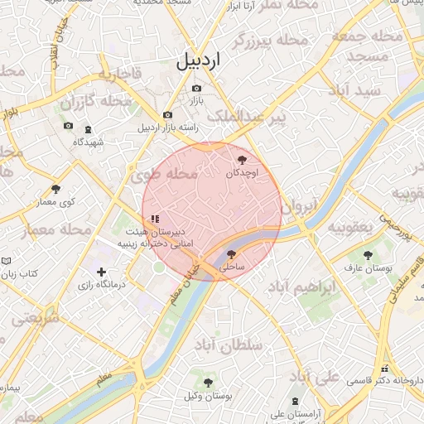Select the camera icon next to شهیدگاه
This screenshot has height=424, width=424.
pyautogui.click(x=68, y=127)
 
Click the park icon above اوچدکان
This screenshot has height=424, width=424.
pyautogui.click(x=242, y=159)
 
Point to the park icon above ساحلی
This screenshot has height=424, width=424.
pyautogui.click(x=231, y=254)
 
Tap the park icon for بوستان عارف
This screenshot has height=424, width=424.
pyautogui.click(x=368, y=254)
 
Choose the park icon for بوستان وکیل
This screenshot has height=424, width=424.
pyautogui.click(x=209, y=383)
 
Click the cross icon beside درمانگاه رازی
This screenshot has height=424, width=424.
pyautogui.click(x=101, y=272)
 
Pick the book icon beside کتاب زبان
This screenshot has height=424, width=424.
pyautogui.click(x=7, y=260)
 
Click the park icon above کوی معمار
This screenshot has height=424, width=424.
pyautogui.click(x=56, y=190)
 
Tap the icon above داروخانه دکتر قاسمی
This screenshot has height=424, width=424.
pyautogui.click(x=383, y=368)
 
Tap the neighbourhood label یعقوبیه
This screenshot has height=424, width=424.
pyautogui.click(x=352, y=227)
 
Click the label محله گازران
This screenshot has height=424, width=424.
pyautogui.click(x=96, y=102)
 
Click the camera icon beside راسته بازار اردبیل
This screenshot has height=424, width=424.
pyautogui.click(x=168, y=115)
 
